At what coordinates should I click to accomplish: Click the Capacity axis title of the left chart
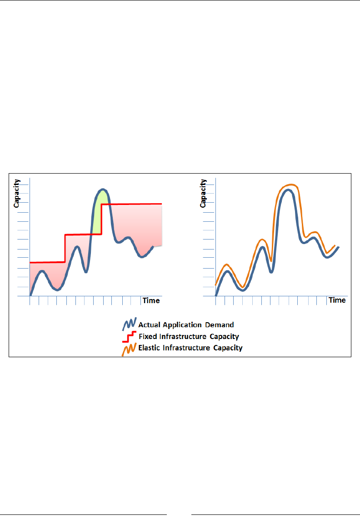(16, 193)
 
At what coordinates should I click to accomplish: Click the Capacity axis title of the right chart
(203, 193)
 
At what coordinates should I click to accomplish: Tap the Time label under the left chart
(151, 300)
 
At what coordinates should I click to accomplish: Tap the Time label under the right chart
(337, 300)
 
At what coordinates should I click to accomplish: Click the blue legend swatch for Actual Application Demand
(128, 325)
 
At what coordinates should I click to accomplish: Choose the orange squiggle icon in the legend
(128, 349)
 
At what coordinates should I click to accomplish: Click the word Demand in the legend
(220, 325)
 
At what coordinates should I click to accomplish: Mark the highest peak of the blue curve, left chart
(103, 189)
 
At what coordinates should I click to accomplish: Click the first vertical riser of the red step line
(65, 248)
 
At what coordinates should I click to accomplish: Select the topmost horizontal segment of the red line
(132, 204)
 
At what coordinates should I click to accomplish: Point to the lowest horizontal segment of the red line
(47, 262)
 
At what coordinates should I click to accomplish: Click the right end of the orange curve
(335, 246)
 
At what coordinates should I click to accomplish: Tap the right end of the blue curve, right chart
(339, 247)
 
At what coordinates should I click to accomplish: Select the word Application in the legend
(181, 325)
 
